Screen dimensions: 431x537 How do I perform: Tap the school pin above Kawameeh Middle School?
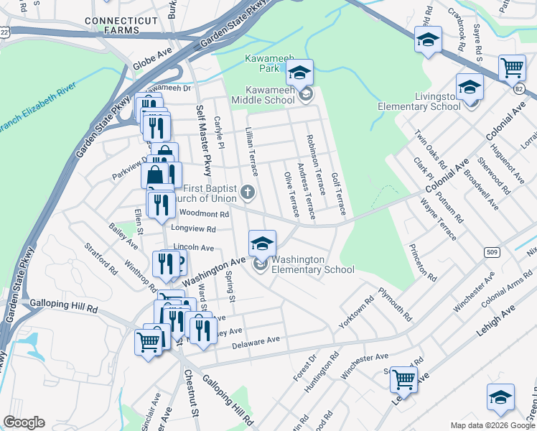click(300, 73)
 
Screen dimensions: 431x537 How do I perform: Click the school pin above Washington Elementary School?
click(263, 243)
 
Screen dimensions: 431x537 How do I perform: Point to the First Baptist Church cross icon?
click(248, 191)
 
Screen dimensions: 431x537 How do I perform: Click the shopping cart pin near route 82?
click(512, 68)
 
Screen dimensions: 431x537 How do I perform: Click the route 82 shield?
click(519, 88)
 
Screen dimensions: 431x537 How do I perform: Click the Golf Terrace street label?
click(339, 193)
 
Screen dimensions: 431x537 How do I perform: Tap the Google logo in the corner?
click(24, 422)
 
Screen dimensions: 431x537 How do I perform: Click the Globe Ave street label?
click(153, 62)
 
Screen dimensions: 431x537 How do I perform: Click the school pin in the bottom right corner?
click(500, 398)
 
